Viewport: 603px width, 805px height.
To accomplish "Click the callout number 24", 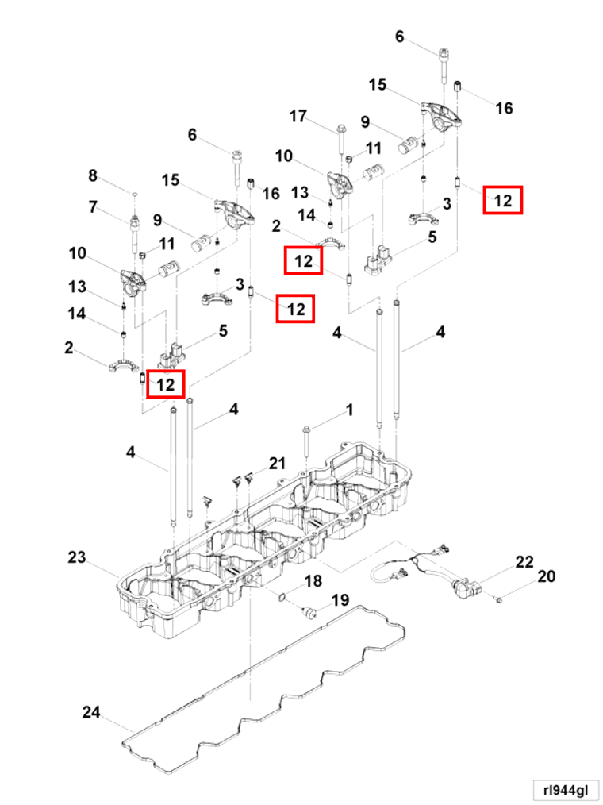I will tap(91, 712).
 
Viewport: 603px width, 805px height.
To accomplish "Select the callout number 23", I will tap(76, 557).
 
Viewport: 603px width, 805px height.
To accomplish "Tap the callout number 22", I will tap(524, 562).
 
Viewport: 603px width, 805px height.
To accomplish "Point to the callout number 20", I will tap(547, 576).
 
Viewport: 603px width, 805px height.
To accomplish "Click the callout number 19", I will tap(340, 600).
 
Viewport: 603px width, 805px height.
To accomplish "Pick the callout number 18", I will tap(313, 581).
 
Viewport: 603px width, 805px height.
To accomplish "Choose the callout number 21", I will tap(276, 464).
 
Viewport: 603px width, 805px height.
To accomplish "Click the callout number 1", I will tap(348, 410).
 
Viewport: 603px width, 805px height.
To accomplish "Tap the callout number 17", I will tap(298, 117).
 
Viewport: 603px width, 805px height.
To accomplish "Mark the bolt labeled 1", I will tap(305, 441).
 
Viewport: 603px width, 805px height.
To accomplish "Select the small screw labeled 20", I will tap(499, 601).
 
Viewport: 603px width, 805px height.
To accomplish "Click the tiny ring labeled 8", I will tap(135, 193).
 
